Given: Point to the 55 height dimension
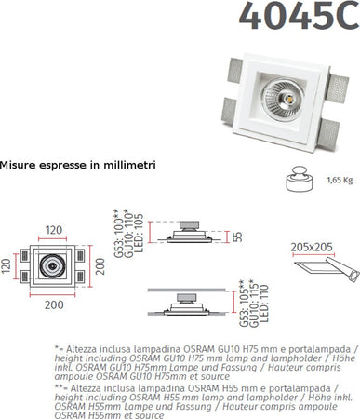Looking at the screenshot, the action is click(236, 238).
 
